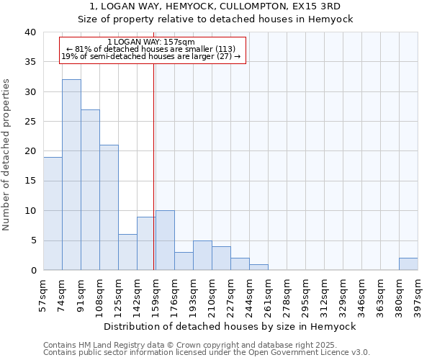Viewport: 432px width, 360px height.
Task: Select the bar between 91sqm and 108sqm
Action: (x=90, y=190)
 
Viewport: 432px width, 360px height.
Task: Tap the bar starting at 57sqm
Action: (x=53, y=214)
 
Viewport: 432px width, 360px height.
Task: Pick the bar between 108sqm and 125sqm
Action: (x=109, y=207)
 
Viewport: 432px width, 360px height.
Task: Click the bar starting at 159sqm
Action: (x=165, y=240)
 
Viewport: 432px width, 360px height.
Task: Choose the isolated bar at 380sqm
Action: (x=408, y=264)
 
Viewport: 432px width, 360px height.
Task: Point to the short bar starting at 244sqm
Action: (x=258, y=267)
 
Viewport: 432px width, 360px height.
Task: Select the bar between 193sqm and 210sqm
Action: (x=202, y=256)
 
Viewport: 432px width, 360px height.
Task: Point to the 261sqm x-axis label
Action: (x=269, y=296)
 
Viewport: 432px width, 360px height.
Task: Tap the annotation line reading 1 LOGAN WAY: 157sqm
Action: (x=150, y=42)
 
